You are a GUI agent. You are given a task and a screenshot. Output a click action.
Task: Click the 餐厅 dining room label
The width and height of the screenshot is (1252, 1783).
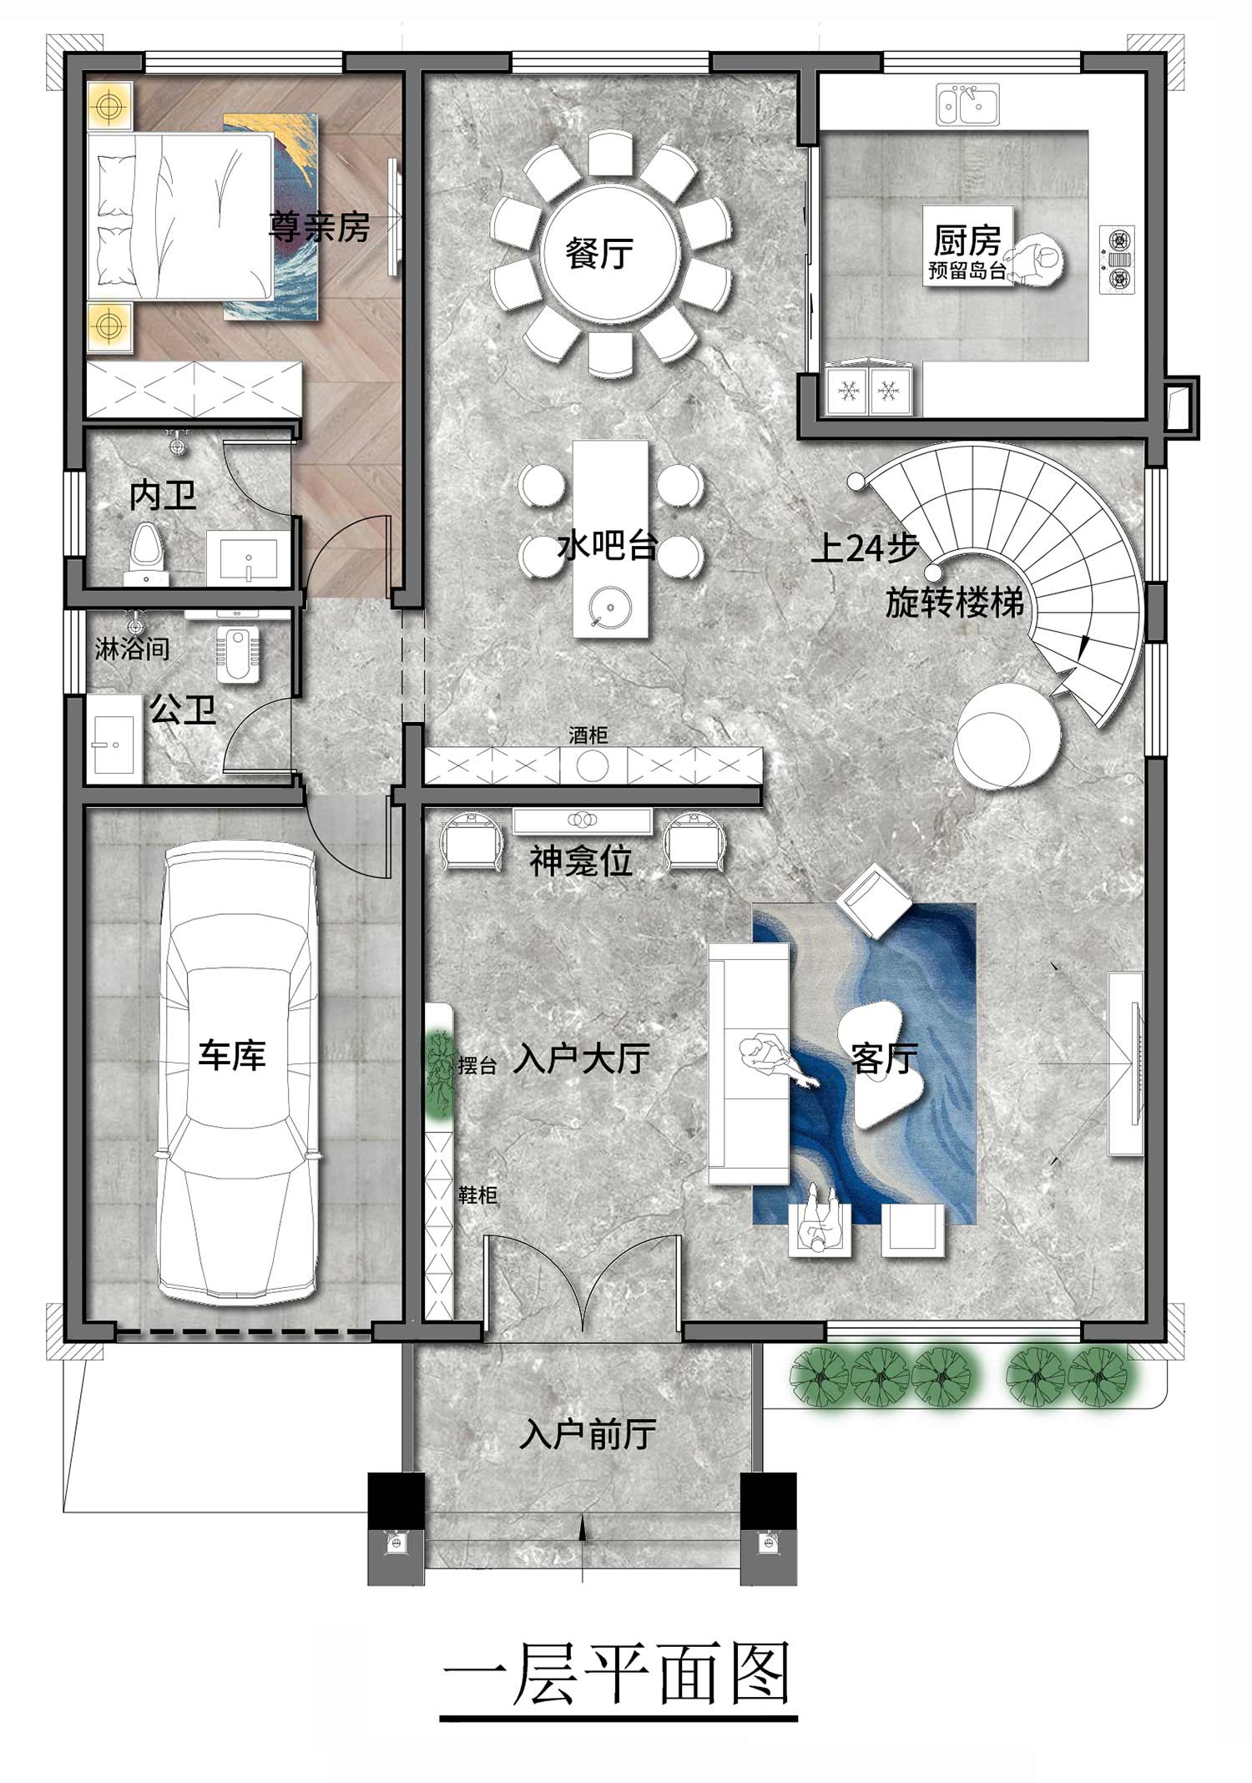coord(599,252)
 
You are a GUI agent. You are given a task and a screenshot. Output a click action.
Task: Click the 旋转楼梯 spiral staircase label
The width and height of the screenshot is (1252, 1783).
coord(955,602)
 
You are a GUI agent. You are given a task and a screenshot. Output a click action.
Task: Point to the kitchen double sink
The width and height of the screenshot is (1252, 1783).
coord(967,104)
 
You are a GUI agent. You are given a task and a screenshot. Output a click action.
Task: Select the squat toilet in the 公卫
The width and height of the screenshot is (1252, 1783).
coord(238,654)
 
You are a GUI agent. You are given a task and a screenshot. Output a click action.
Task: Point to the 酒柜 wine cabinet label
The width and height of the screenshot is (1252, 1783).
coord(588,735)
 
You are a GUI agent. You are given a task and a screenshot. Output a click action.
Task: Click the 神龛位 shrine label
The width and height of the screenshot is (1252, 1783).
coord(581,861)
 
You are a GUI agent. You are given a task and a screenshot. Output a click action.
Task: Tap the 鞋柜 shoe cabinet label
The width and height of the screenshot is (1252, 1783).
coord(477,1195)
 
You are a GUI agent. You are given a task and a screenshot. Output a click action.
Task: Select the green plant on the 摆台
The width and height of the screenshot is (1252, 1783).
coord(437,1075)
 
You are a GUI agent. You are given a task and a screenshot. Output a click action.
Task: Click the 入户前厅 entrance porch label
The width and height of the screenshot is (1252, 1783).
coord(588,1434)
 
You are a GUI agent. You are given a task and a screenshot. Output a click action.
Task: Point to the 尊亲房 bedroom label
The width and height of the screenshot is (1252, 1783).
coord(319,226)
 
